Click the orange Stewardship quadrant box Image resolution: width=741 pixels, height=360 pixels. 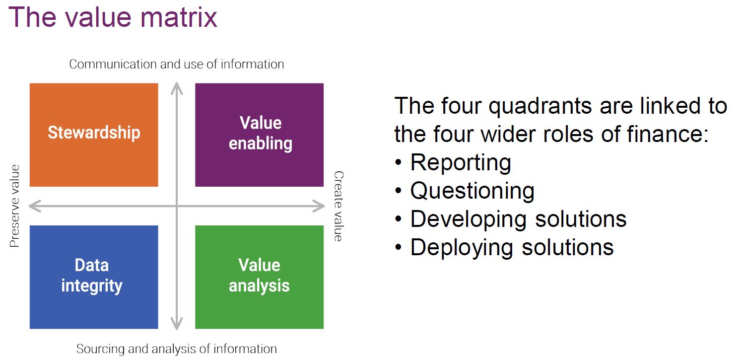coord(94,135)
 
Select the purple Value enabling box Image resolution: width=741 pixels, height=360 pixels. coord(259,135)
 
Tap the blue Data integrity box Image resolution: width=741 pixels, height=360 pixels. coord(94,277)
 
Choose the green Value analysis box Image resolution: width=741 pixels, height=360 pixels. coord(259,277)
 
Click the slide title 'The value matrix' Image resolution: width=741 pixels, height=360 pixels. coord(113,17)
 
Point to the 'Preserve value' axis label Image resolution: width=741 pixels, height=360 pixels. coord(14,206)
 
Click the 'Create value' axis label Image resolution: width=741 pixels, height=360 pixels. coord(338,206)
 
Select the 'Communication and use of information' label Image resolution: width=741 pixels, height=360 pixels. coord(177,64)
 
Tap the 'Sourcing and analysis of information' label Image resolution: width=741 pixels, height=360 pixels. coord(177,349)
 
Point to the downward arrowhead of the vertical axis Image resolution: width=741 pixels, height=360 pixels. coord(176,325)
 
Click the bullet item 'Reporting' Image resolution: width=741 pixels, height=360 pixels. coord(460,163)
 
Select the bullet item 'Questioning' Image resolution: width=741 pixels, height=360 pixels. coord(472,191)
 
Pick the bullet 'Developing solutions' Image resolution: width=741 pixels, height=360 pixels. coord(518,219)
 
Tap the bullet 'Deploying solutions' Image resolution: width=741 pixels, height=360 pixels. coord(512,247)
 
